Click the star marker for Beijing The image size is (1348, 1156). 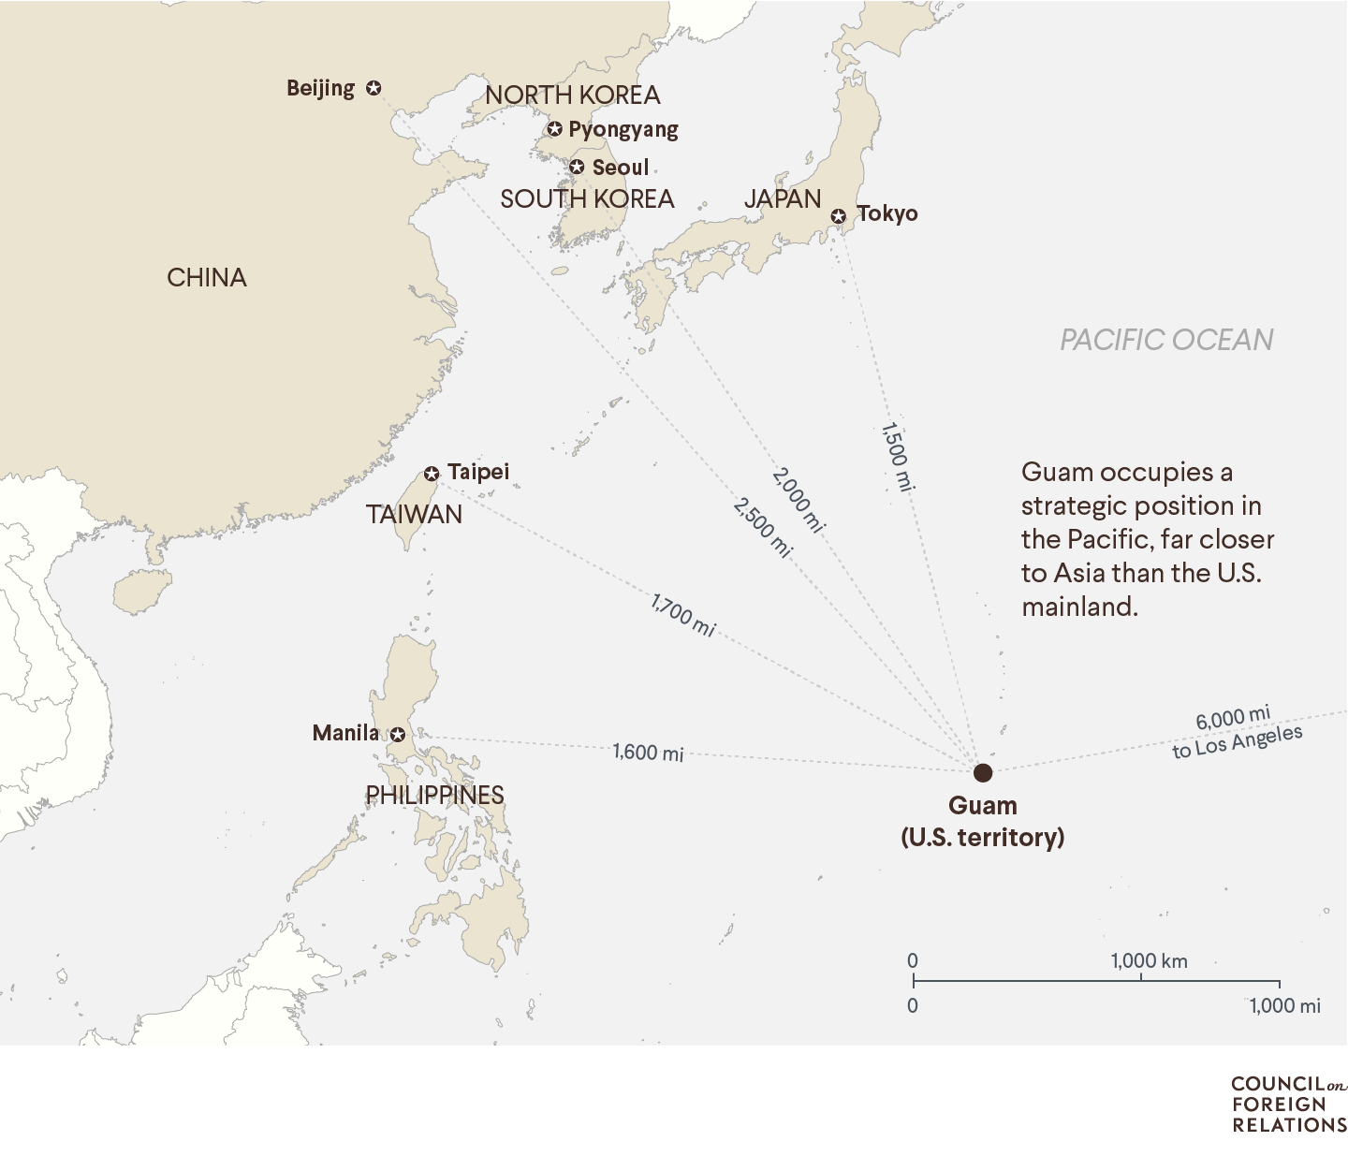[x=374, y=88]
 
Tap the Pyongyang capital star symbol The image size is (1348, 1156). [x=555, y=129]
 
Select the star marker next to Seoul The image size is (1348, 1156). [x=577, y=168]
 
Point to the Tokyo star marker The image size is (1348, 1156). [x=839, y=216]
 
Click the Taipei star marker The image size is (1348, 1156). [x=432, y=474]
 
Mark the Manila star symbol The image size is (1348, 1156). [x=398, y=735]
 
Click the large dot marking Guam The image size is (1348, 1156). [x=982, y=772]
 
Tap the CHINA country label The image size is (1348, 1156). [x=207, y=278]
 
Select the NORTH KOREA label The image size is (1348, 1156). [x=572, y=95]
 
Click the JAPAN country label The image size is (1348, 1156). [x=783, y=199]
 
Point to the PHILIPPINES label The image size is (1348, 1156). [x=434, y=796]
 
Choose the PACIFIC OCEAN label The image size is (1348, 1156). [x=1166, y=340]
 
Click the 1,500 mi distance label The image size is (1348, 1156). [x=896, y=457]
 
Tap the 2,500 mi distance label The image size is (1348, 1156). [x=763, y=528]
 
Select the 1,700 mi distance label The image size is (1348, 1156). [x=683, y=616]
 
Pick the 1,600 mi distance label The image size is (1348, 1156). [x=648, y=753]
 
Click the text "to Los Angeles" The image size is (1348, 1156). [x=1238, y=742]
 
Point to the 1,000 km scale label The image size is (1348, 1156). [x=1149, y=961]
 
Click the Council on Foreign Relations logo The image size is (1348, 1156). [x=1288, y=1105]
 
